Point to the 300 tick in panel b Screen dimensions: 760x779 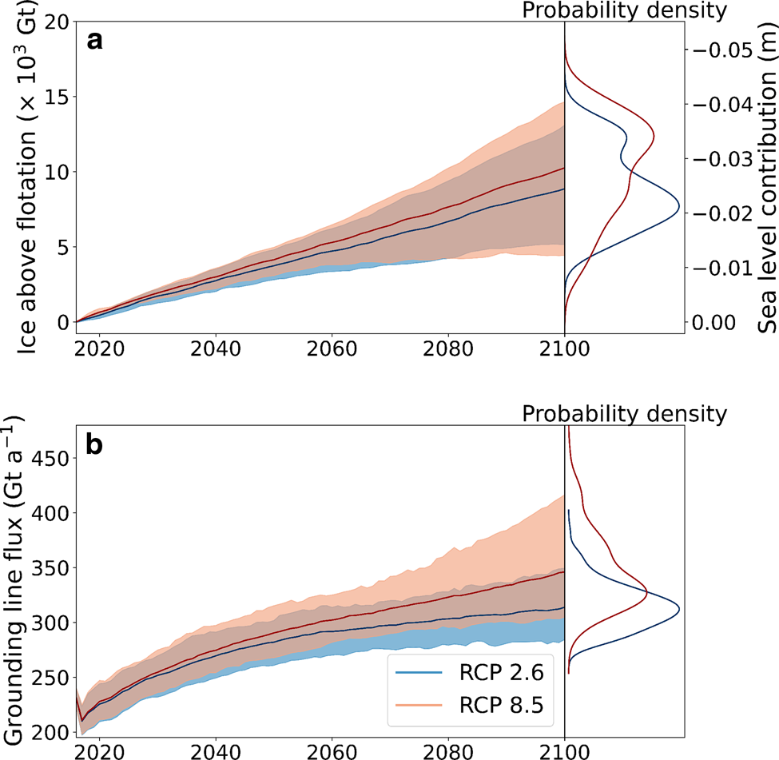click(46, 623)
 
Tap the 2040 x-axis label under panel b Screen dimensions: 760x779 click(214, 751)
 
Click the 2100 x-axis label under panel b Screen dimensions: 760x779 click(565, 751)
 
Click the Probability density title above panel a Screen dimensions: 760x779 click(624, 10)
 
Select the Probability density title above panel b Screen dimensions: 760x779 click(624, 414)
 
